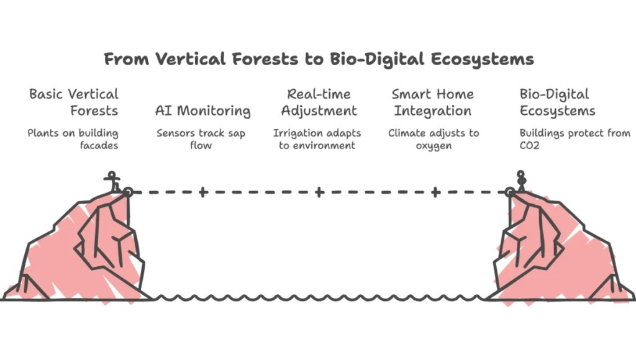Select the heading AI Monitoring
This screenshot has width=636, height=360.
(202, 111)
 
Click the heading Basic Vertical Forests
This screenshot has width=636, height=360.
(73, 103)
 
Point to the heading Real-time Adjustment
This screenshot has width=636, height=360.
(319, 103)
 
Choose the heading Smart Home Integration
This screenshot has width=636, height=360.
(432, 103)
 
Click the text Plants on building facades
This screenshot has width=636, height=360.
(73, 139)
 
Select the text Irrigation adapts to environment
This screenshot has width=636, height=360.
(317, 139)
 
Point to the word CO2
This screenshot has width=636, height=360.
(530, 145)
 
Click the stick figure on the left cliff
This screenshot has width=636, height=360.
(112, 182)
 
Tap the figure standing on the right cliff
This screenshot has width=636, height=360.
(522, 181)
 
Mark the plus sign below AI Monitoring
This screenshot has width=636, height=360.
(202, 192)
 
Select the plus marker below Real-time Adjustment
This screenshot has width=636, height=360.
(319, 192)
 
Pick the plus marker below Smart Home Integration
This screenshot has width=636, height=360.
(435, 192)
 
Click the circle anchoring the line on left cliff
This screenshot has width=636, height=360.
(128, 192)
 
